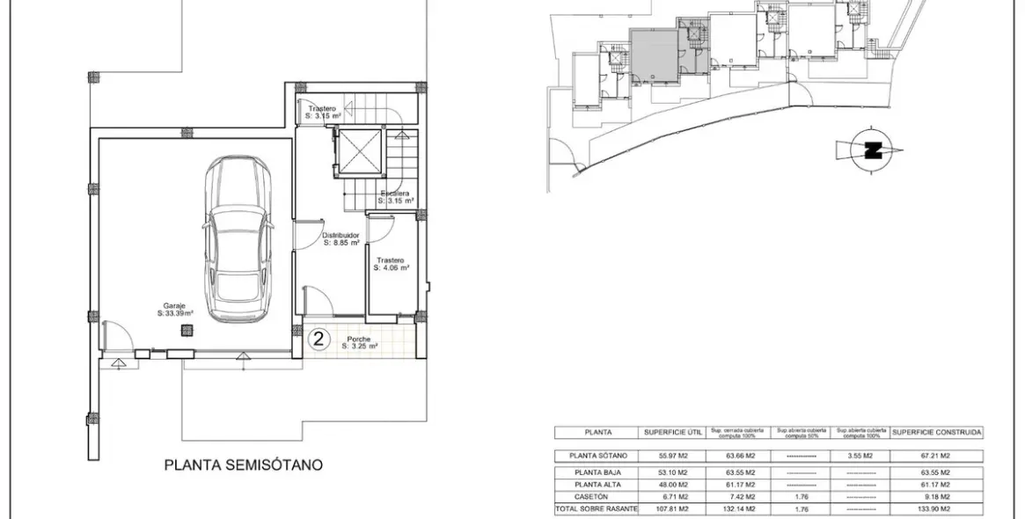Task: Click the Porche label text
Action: coord(357,342)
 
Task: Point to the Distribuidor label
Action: coord(340,238)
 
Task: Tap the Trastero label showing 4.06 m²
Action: coord(391,264)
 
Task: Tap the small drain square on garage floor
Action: coord(186,330)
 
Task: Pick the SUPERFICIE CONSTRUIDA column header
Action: coord(936,432)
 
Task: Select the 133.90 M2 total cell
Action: coord(936,509)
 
